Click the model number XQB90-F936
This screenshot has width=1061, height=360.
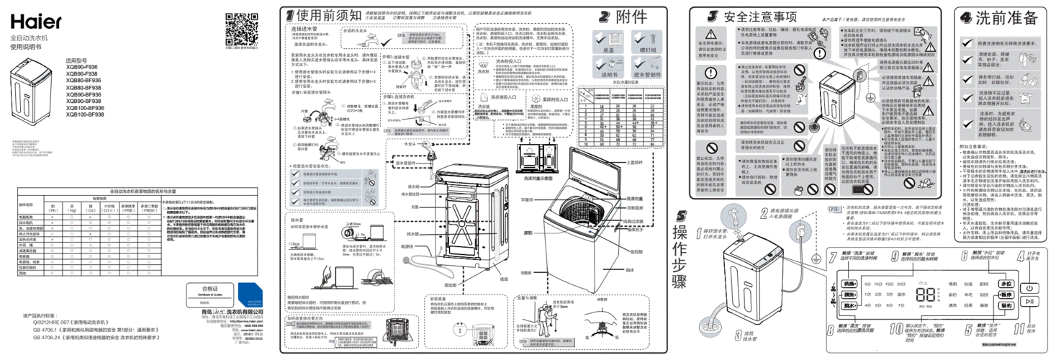click(81, 66)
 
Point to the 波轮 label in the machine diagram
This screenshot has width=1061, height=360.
click(528, 233)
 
